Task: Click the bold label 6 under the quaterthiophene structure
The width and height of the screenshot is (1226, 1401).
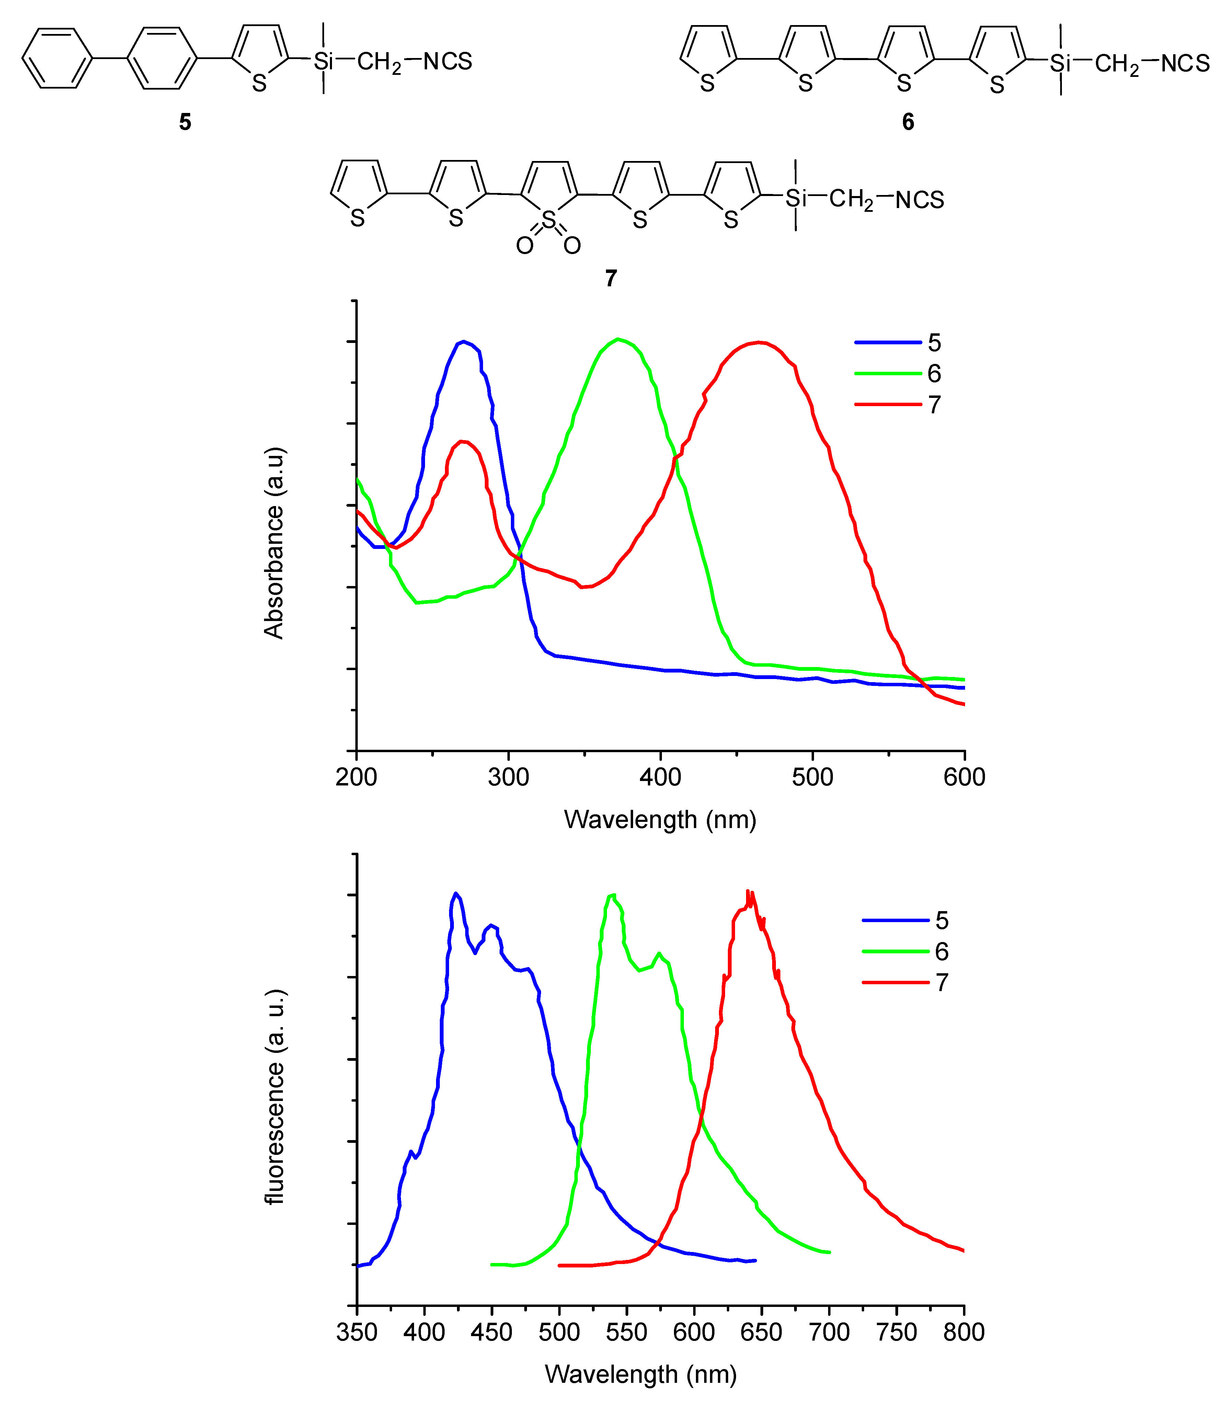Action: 908,122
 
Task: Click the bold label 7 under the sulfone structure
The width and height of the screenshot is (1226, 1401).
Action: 611,278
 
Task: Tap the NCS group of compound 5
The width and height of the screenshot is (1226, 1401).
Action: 447,61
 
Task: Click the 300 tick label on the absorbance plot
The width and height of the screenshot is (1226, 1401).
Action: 508,777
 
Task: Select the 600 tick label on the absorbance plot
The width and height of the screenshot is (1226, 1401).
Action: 964,777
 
